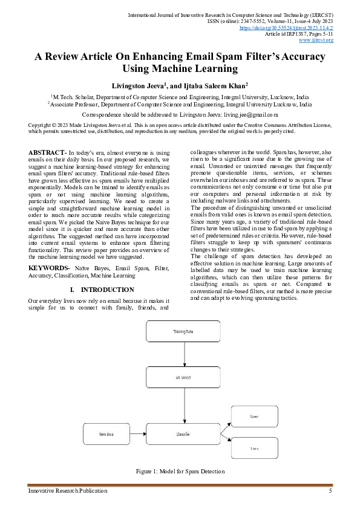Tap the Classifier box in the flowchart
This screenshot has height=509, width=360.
coord(183,434)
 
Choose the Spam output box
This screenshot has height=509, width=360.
coord(254,417)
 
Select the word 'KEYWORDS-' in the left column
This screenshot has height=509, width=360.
coord(49,267)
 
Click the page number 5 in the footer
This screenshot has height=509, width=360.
coord(330,490)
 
